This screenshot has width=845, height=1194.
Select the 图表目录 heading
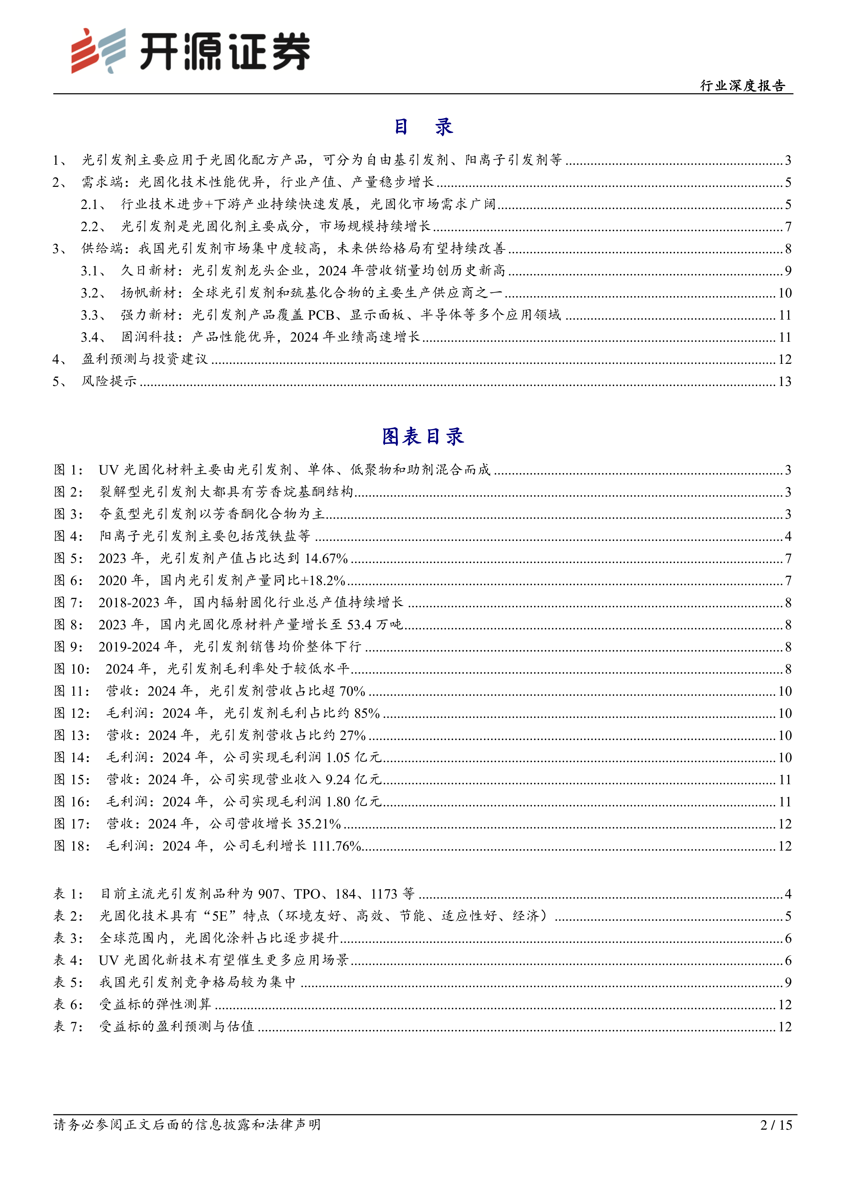(x=422, y=436)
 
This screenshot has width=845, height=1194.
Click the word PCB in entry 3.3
(x=320, y=315)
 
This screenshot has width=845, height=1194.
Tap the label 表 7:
(x=68, y=1027)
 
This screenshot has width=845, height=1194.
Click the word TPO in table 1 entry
(x=307, y=894)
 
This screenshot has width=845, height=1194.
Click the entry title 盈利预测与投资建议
(x=145, y=359)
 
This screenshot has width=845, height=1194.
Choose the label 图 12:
(x=72, y=713)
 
